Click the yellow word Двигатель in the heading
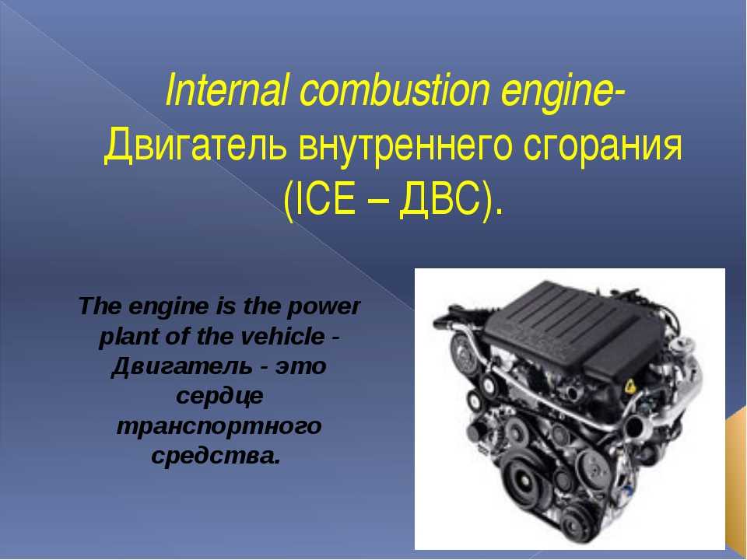196,145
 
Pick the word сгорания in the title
602,146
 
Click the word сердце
219,396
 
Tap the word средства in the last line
216,456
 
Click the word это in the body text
300,366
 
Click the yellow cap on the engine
630,387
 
